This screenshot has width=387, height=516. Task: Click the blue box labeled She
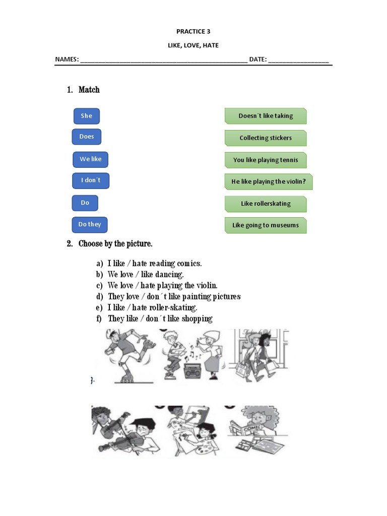[x=87, y=116]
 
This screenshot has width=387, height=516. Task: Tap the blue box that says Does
[x=87, y=137]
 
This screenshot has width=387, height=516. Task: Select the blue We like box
[x=91, y=159]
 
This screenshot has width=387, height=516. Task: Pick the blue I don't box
[x=91, y=180]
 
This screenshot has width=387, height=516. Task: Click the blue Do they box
[x=90, y=224]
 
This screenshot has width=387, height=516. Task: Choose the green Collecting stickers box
[x=266, y=138]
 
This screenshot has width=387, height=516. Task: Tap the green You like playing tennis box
[x=266, y=160]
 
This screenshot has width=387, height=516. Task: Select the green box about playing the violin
[x=268, y=182]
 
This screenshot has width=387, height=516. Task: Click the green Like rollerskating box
[x=266, y=204]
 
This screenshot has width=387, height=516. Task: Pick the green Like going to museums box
[x=266, y=225]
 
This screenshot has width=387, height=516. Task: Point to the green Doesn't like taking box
[x=266, y=116]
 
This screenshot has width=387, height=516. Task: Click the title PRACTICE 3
[x=193, y=31]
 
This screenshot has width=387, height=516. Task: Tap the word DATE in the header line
[x=257, y=59]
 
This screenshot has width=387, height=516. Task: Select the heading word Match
[x=89, y=90]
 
